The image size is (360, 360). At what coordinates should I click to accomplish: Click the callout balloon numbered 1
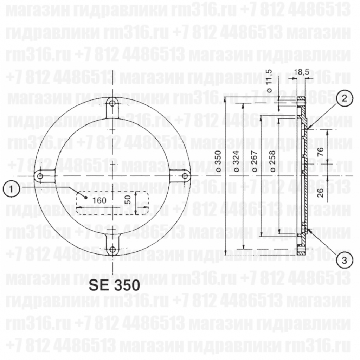[12, 189]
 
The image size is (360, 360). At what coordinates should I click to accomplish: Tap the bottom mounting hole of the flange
[112, 250]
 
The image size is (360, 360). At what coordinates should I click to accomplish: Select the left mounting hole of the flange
[40, 176]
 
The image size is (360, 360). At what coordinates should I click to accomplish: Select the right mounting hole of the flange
[185, 175]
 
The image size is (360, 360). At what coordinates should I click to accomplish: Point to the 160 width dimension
[99, 200]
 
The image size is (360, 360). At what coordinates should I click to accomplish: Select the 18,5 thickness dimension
[301, 72]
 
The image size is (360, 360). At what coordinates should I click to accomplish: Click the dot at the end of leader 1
[86, 197]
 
